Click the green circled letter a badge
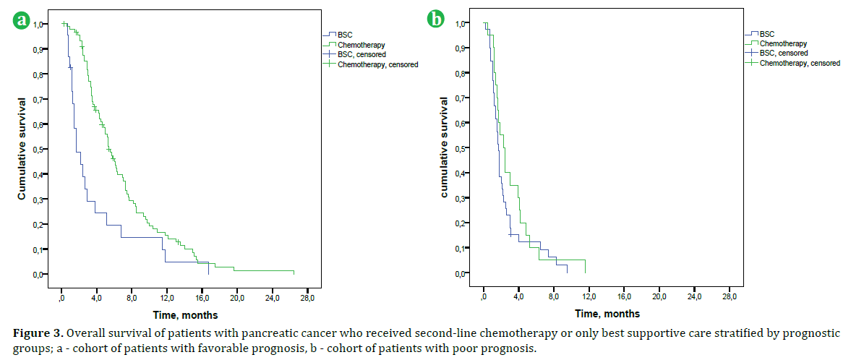[22, 21]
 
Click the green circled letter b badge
[436, 20]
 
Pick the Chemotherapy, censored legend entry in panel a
[372, 64]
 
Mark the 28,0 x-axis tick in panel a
[307, 297]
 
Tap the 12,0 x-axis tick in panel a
[168, 297]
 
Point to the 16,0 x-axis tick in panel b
[625, 296]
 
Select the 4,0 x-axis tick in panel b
[519, 296]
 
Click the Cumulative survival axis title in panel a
[22, 149]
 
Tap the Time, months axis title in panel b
[607, 314]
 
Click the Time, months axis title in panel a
[185, 314]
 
